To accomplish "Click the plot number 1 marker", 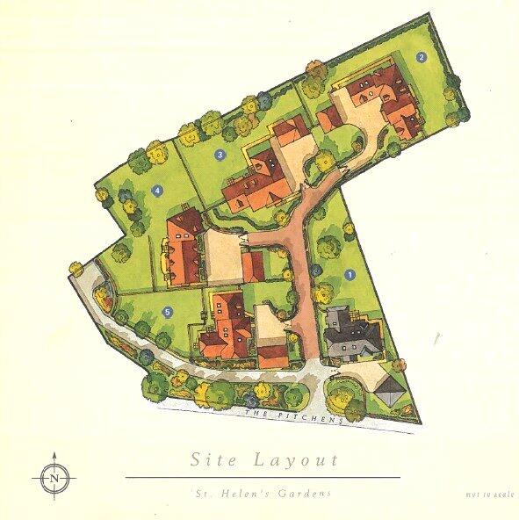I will [352, 273].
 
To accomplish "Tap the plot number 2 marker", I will [422, 58].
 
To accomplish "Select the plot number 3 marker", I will [220, 155].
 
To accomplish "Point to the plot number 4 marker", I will [157, 190].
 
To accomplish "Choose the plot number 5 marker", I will [167, 311].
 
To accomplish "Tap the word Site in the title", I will [215, 459].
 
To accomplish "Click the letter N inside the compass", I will [54, 478].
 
